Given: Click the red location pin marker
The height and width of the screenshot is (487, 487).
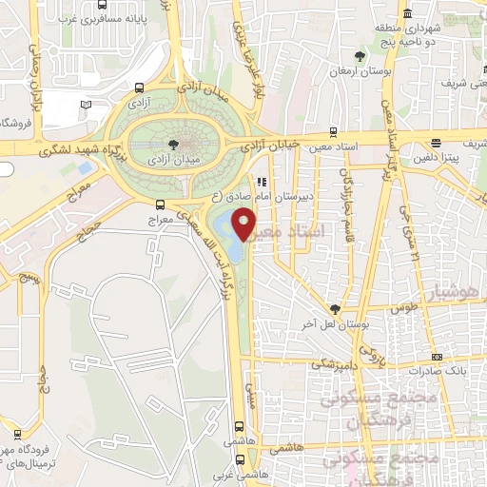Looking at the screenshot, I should pos(245,224).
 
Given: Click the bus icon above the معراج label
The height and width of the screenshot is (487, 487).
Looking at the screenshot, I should pos(159,204).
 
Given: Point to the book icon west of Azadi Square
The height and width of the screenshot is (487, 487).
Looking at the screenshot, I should pos(87,104).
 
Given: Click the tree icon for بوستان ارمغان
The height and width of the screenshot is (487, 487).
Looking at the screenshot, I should pos(359,55).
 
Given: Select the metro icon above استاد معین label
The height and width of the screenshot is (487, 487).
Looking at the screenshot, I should pos(334,132).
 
